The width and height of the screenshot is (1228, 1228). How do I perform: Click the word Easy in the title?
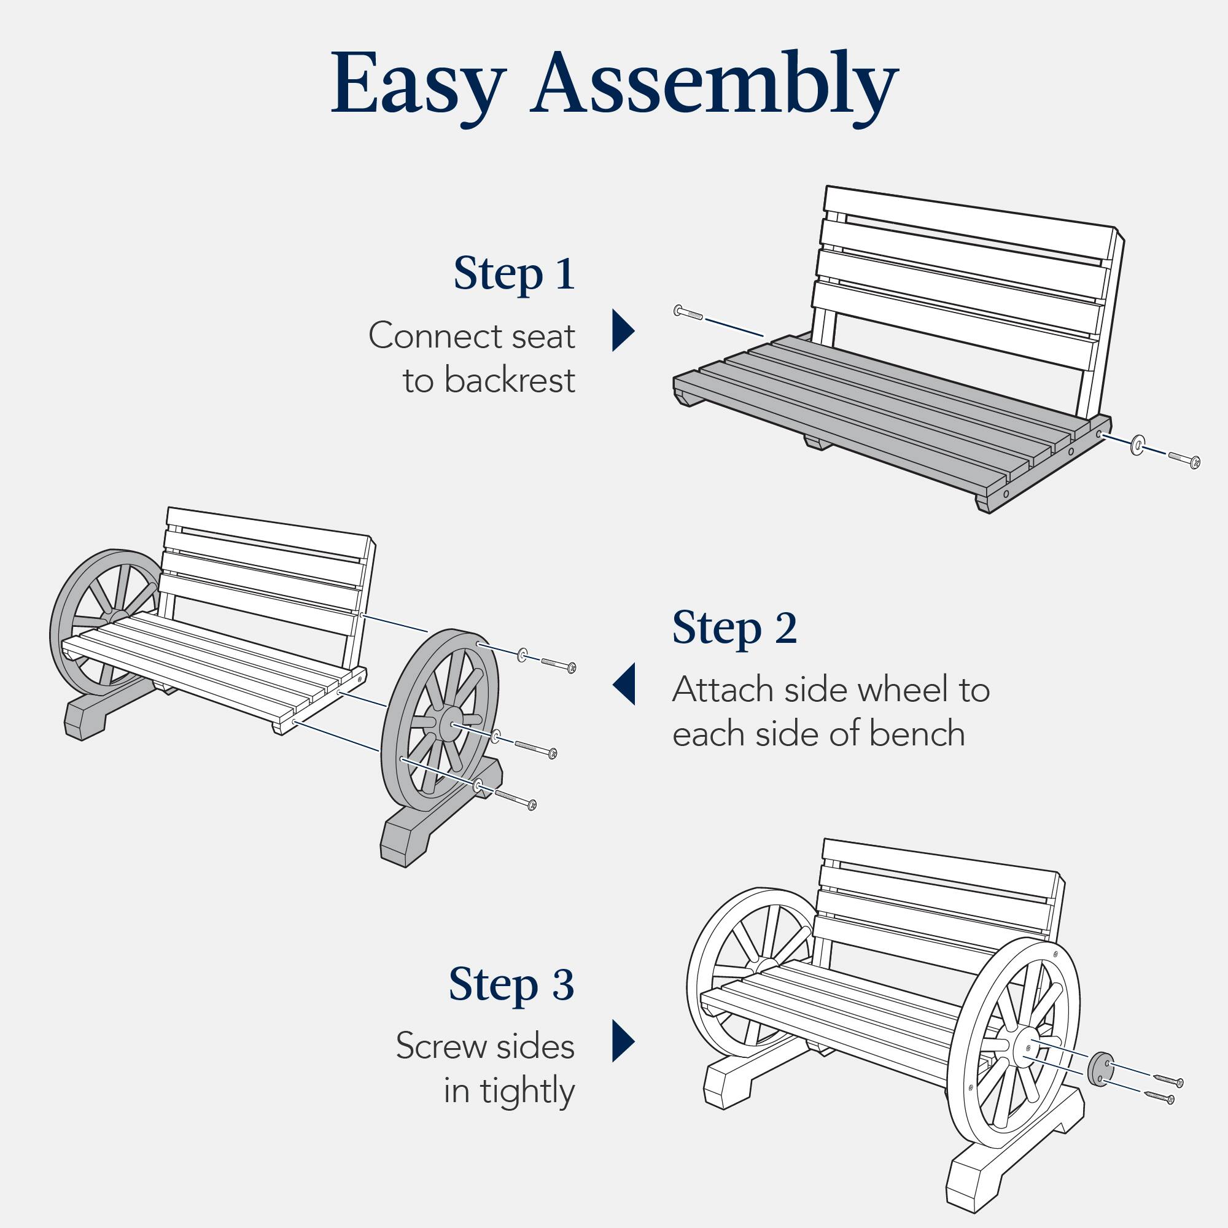click(x=418, y=84)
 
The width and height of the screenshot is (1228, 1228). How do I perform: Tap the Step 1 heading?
click(x=513, y=273)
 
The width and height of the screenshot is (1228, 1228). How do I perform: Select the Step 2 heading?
click(x=734, y=628)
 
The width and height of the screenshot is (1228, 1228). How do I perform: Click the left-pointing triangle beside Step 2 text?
click(x=625, y=685)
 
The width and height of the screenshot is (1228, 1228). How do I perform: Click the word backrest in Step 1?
click(x=508, y=381)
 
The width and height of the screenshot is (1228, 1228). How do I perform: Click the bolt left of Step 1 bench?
click(x=688, y=312)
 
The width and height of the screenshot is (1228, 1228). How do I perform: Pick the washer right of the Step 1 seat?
click(x=1135, y=446)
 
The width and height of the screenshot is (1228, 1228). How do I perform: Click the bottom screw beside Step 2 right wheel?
click(x=516, y=798)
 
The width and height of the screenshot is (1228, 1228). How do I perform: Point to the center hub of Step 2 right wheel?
click(x=449, y=725)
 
